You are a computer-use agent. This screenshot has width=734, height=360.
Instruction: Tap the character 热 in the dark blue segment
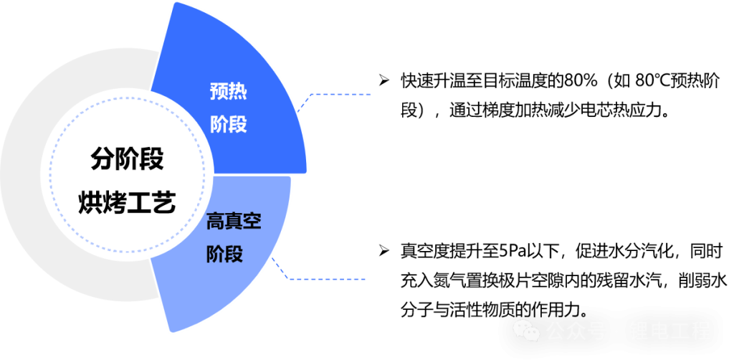tap(238, 91)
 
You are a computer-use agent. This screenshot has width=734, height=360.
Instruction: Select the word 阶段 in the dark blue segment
tap(228, 124)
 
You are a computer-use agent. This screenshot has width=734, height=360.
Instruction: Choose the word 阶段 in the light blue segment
tap(224, 254)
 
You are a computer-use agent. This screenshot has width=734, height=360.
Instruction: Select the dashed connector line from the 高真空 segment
tap(330, 279)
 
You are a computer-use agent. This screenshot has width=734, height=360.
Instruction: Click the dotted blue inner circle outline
tap(52, 172)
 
